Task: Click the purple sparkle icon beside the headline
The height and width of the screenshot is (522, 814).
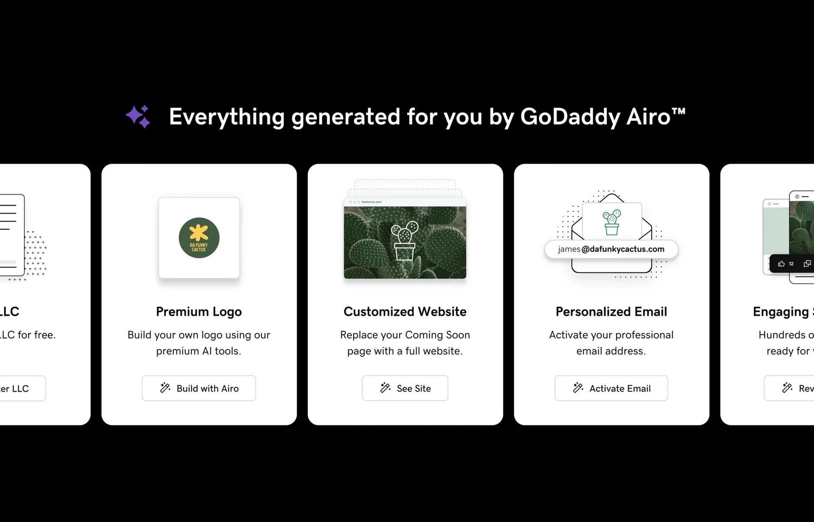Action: [x=138, y=116]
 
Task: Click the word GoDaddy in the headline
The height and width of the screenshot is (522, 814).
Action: [x=570, y=116]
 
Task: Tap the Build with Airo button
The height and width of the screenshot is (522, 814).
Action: [x=198, y=388]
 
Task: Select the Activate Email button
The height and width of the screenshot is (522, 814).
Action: [x=611, y=388]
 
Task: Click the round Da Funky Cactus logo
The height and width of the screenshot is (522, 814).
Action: [x=199, y=237]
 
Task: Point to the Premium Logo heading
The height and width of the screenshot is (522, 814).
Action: [x=198, y=312]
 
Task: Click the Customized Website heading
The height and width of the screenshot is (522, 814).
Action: [x=405, y=312]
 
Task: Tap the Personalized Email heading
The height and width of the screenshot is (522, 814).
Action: [x=611, y=312]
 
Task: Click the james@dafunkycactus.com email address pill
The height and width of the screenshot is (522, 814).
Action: [x=611, y=249]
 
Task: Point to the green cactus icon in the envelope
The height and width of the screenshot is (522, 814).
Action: [x=611, y=222]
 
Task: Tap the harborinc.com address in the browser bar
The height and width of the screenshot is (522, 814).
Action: [x=371, y=202]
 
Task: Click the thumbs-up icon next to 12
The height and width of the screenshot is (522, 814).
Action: [x=781, y=264]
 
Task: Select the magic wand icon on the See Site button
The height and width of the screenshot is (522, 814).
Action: [x=385, y=388]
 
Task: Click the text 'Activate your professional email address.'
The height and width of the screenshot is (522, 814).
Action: [x=611, y=343]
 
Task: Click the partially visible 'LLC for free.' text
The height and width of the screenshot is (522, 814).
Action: [x=28, y=335]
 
